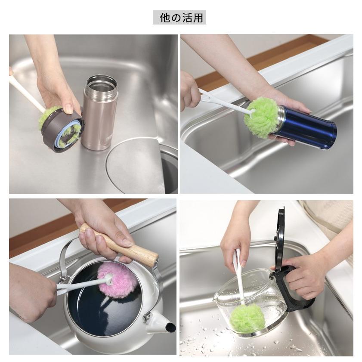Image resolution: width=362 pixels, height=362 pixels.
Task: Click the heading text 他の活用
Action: click(x=179, y=18)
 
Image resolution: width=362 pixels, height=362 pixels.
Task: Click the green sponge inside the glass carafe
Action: click(x=246, y=318)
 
